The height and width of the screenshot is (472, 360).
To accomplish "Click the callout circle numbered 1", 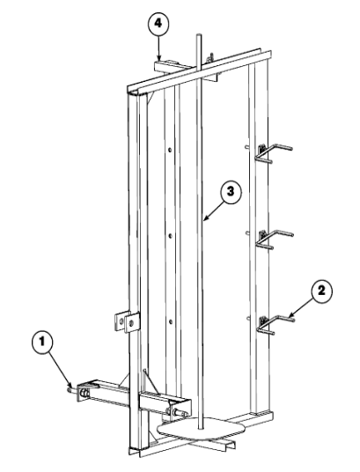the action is [42, 343].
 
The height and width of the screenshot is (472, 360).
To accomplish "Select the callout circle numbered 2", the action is [321, 291].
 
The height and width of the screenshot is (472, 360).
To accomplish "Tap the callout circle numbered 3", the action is [231, 192].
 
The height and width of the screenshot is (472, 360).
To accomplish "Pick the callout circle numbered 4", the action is [158, 25].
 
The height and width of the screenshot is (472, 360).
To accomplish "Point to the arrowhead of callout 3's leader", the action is [205, 219].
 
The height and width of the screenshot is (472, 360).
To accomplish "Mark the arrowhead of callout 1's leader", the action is [70, 386].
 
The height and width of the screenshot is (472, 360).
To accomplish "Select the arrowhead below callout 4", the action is [159, 59].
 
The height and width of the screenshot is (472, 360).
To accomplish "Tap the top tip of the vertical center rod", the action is [198, 35].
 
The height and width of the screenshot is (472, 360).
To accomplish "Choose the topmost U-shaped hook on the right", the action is [272, 152].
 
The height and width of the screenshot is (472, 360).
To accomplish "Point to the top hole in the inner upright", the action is [170, 150].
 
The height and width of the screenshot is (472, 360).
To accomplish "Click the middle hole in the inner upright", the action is [171, 236].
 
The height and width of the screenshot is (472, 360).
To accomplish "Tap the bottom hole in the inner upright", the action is [171, 322].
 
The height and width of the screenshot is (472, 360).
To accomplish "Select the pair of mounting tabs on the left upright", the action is [128, 321].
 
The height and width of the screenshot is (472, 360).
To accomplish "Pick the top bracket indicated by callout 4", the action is [172, 67].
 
